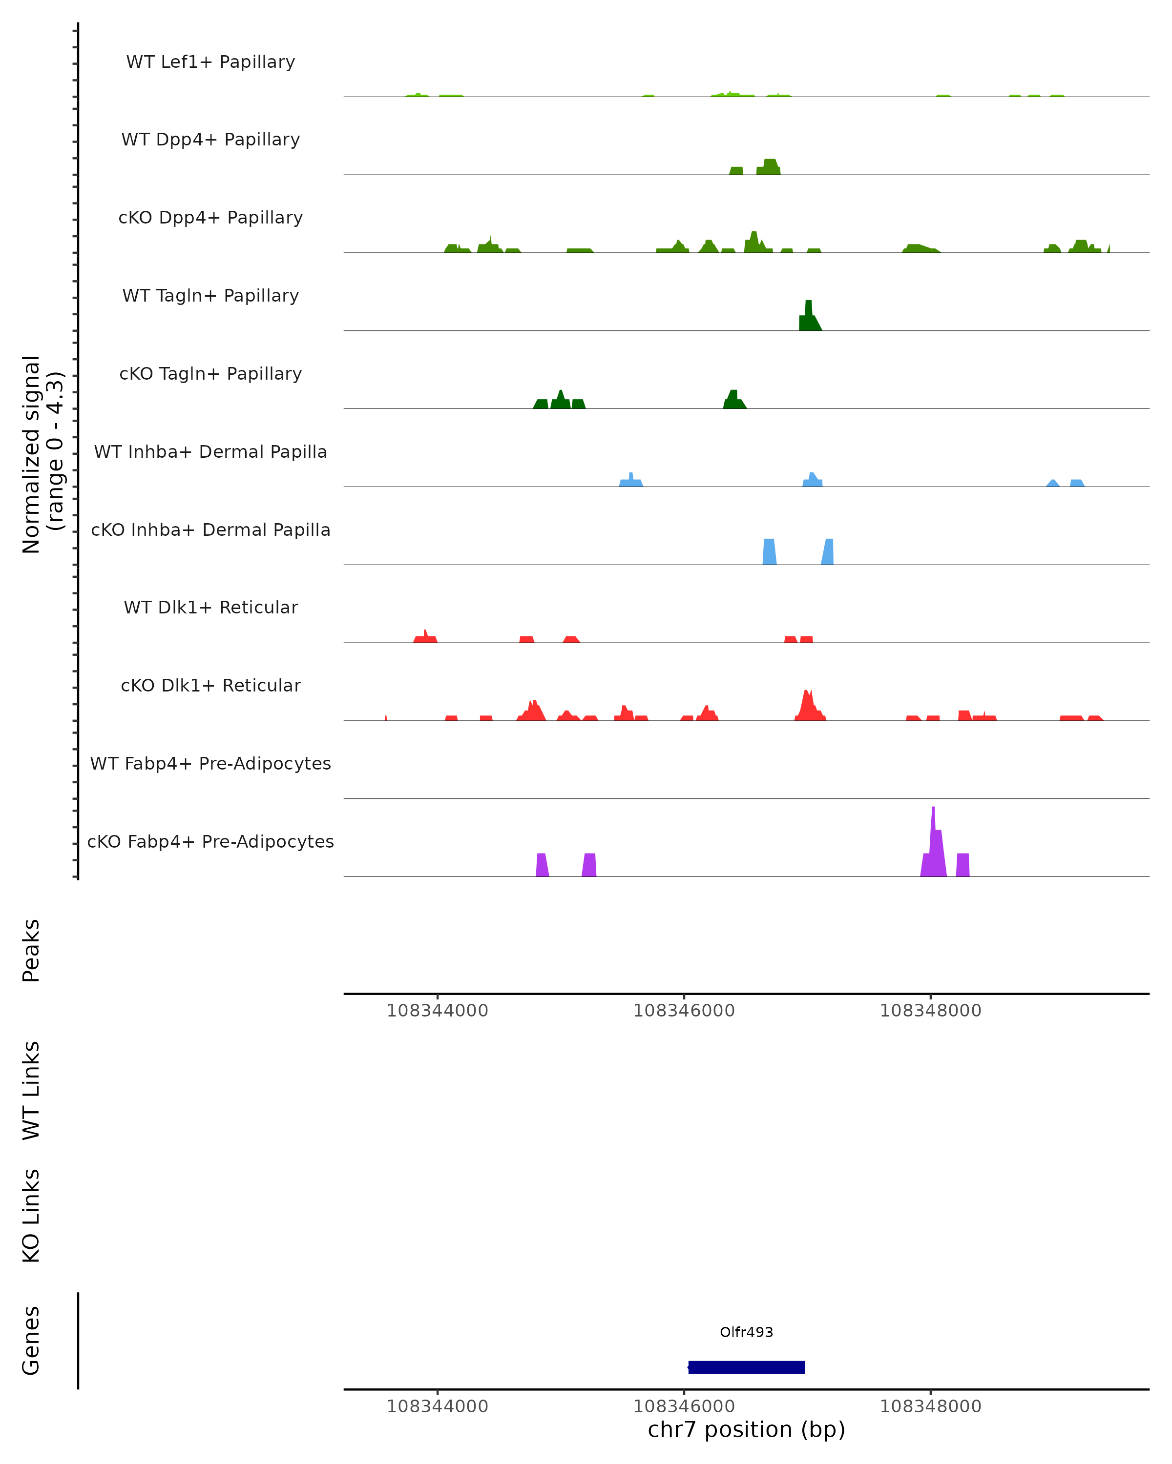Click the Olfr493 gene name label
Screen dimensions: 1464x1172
[746, 1332]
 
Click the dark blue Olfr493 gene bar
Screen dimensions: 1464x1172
[746, 1367]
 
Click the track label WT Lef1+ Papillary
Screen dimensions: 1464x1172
[210, 62]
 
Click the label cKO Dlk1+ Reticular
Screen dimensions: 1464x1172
[210, 685]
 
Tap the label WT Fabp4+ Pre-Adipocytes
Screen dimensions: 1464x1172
[210, 763]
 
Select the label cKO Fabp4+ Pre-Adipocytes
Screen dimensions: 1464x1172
[210, 841]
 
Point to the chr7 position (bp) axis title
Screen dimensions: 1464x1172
[746, 1429]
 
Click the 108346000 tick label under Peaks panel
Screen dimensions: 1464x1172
[684, 1011]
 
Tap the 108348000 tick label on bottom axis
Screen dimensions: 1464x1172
[930, 1406]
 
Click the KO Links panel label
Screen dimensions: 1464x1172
[31, 1216]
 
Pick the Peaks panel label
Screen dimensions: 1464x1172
[31, 950]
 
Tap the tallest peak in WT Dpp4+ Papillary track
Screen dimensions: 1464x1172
[770, 167]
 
